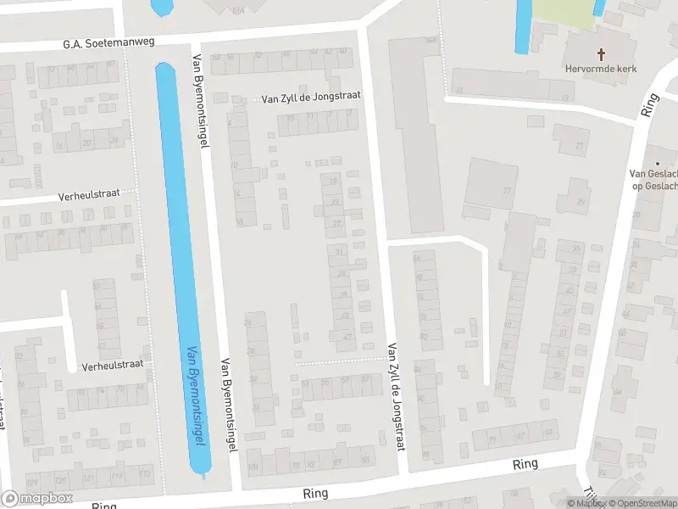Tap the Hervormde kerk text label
pyautogui.click(x=602, y=69)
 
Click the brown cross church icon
pyautogui.click(x=602, y=53)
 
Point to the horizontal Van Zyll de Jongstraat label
pyautogui.click(x=311, y=97)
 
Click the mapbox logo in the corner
pyautogui.click(x=36, y=498)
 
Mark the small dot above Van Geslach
pyautogui.click(x=657, y=162)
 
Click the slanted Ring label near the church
pyautogui.click(x=650, y=105)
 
